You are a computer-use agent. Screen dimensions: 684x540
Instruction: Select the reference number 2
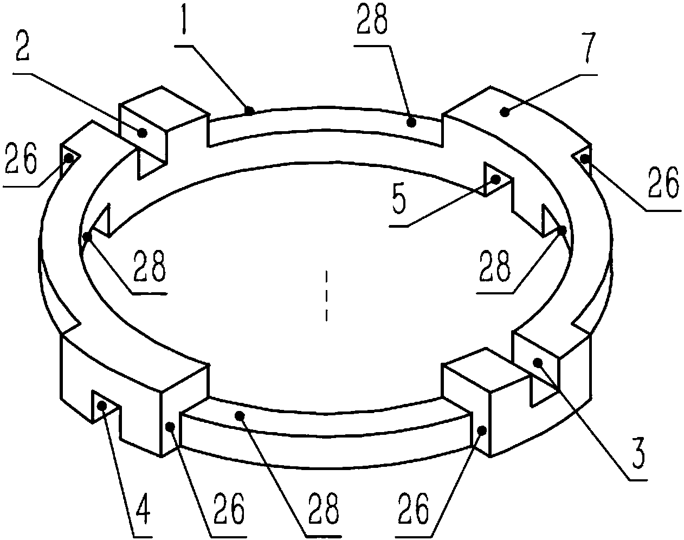(x=23, y=47)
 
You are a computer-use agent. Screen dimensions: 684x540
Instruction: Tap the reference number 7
(x=587, y=48)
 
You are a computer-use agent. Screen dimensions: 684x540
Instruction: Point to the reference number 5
(x=399, y=198)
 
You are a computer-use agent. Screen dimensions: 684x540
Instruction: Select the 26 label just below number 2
(x=21, y=158)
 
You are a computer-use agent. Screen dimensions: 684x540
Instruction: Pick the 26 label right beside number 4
(x=229, y=509)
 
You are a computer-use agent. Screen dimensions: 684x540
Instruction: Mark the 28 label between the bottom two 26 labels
(x=324, y=509)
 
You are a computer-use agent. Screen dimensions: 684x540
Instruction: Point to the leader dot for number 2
(x=143, y=133)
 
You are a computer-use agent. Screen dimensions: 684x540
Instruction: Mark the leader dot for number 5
(x=495, y=179)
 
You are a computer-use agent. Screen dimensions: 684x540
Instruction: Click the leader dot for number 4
(x=102, y=406)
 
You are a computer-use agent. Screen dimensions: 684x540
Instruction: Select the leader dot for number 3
(x=538, y=362)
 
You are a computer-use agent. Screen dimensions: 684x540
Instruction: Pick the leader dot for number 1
(x=250, y=111)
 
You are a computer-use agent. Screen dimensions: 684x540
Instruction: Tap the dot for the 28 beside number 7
(x=411, y=122)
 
